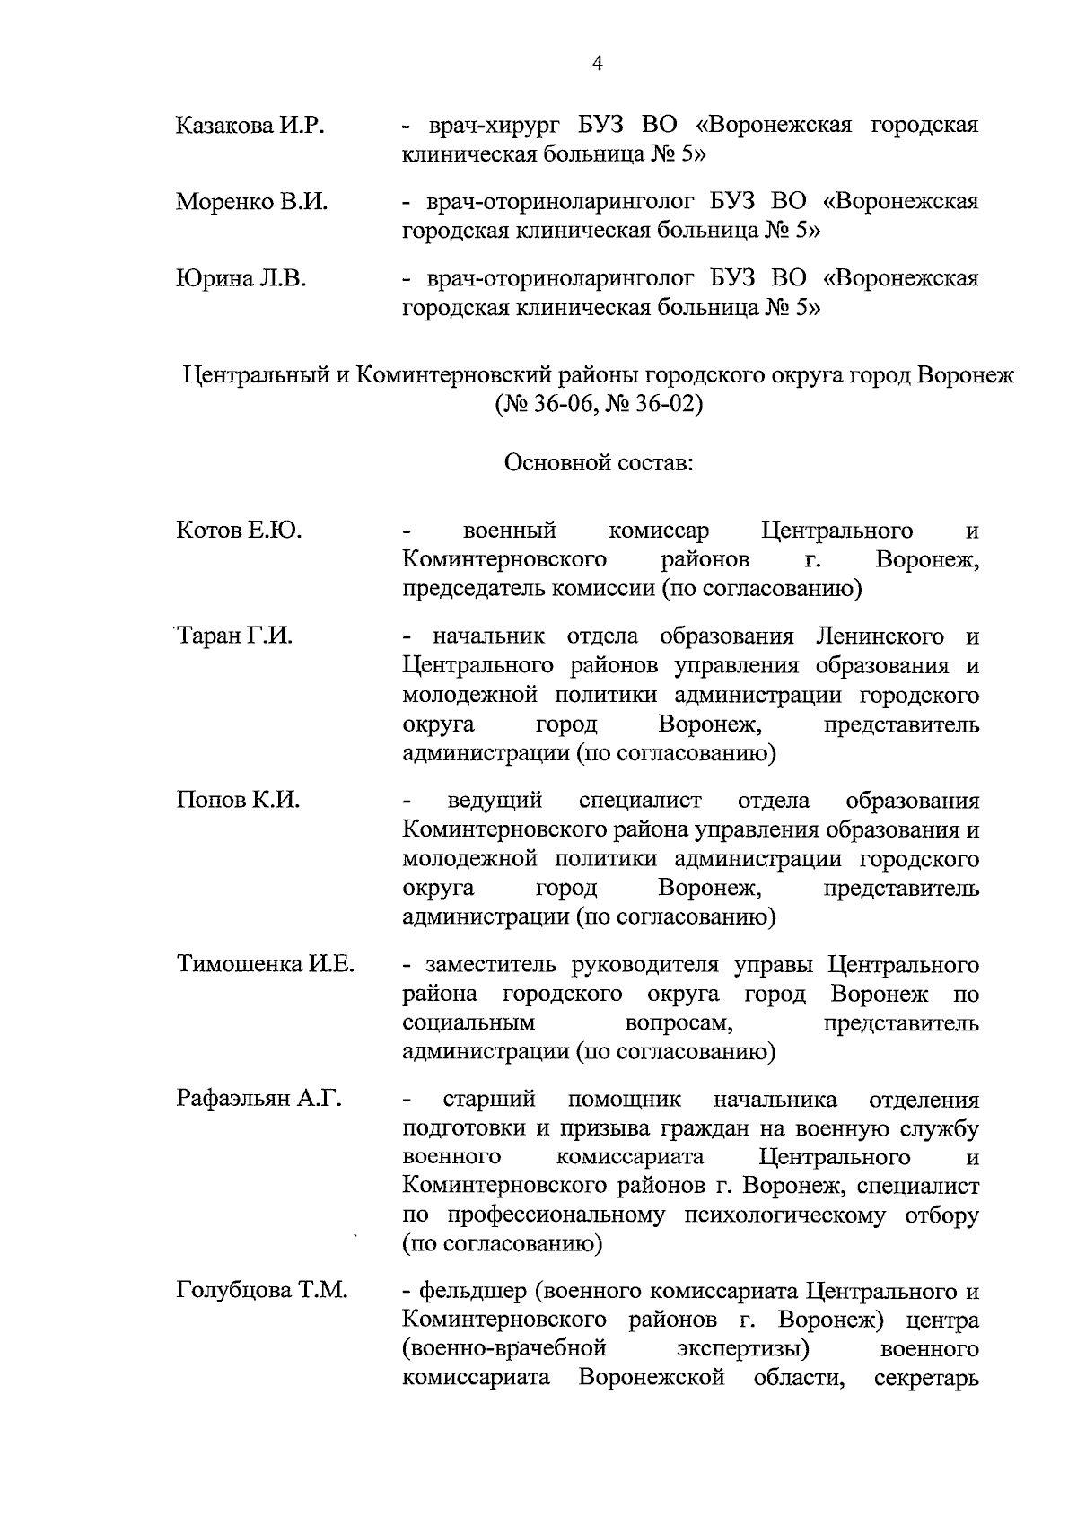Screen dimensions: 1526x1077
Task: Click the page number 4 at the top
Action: (598, 63)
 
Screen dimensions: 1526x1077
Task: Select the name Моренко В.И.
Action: (251, 202)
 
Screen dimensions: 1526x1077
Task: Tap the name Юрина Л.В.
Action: (241, 279)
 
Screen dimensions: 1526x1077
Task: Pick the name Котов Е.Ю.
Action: (239, 531)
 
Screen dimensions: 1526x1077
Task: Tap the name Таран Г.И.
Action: (235, 636)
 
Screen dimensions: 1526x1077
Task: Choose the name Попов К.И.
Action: (238, 800)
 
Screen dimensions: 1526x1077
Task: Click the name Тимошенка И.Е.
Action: (265, 965)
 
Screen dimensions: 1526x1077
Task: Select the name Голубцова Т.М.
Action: (261, 1292)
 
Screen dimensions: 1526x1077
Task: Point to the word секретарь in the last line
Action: (925, 1378)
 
